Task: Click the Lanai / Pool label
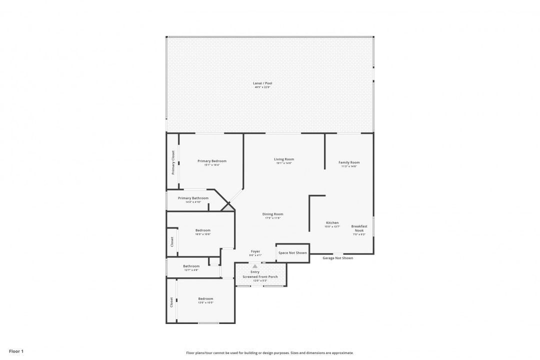click(263, 83)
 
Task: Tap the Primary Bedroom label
click(211, 161)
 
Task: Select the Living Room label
click(283, 159)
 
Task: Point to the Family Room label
click(348, 162)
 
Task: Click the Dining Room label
click(272, 214)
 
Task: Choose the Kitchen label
click(332, 223)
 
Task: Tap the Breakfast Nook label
click(359, 228)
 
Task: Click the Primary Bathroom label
click(193, 198)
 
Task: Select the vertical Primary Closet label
click(173, 162)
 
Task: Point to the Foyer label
click(255, 251)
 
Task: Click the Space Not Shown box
click(292, 253)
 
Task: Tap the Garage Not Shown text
click(337, 258)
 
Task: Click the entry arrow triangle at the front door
click(255, 266)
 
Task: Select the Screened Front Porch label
click(260, 276)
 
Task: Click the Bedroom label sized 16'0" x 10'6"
click(202, 230)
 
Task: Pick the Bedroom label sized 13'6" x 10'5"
click(205, 299)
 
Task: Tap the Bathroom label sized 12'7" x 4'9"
click(191, 266)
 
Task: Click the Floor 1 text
click(16, 351)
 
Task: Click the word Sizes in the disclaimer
click(296, 353)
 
